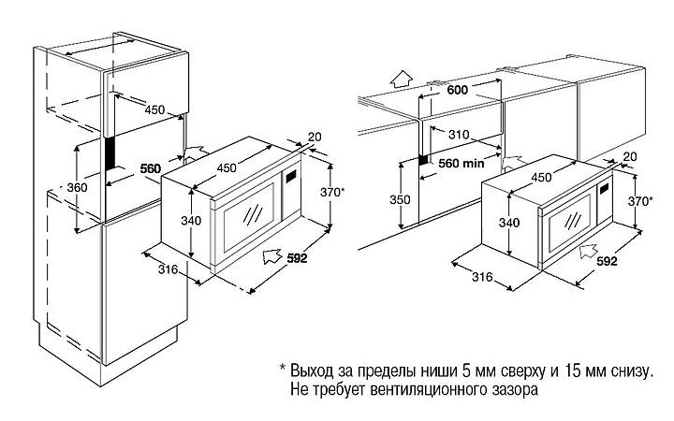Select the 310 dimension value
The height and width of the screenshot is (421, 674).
click(x=459, y=134)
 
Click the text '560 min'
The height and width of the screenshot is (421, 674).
click(x=461, y=162)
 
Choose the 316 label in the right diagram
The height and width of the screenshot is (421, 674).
click(x=483, y=277)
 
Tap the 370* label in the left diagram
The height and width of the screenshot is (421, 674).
click(x=330, y=192)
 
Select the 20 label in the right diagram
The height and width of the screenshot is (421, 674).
click(x=629, y=156)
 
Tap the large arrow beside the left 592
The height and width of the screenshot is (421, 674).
click(x=271, y=254)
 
